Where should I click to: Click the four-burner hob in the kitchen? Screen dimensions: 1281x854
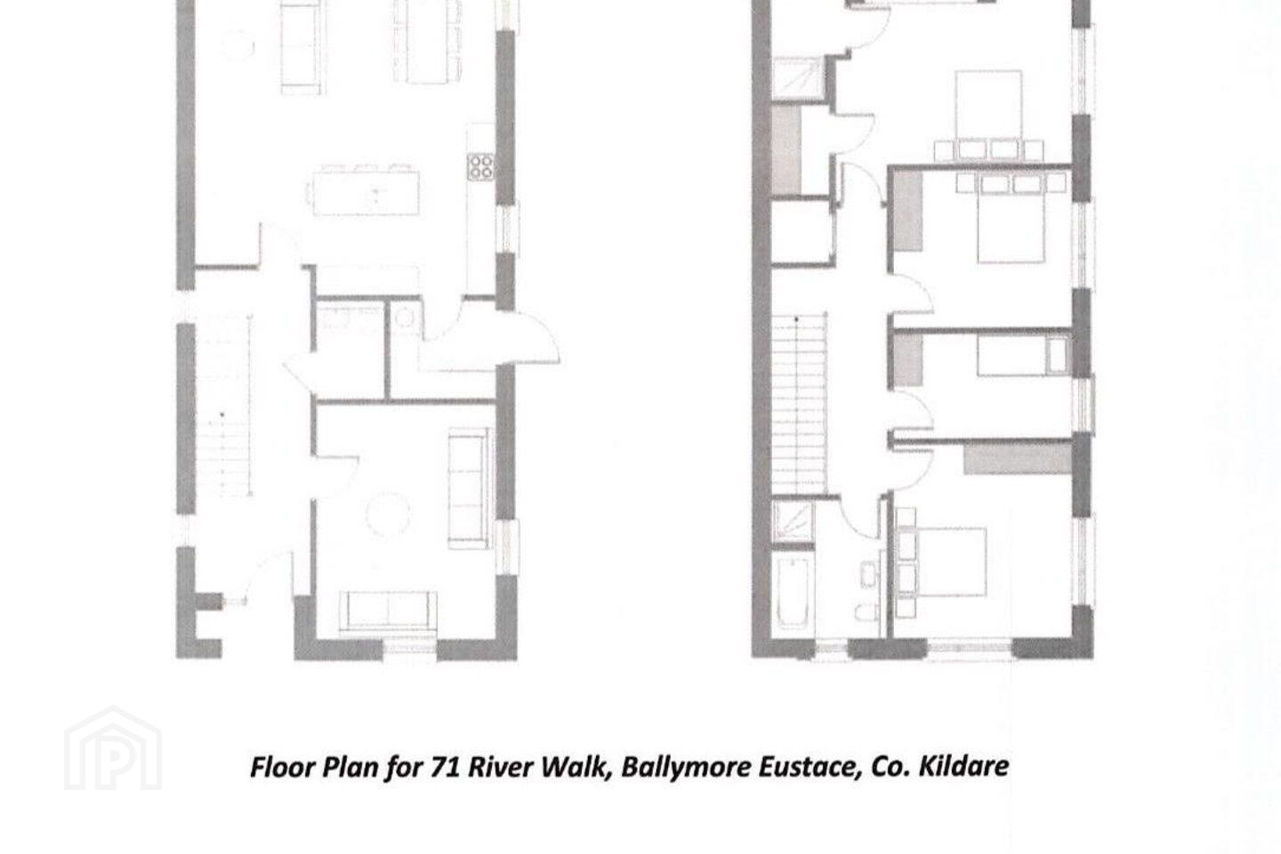pos(480,167)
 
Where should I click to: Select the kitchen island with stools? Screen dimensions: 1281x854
pos(365,189)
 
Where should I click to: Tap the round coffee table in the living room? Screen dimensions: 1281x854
pos(388,513)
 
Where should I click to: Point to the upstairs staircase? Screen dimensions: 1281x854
pos(799,404)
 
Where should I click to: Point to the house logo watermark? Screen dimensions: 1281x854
pos(113,748)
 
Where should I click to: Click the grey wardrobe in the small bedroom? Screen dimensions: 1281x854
pos(908,359)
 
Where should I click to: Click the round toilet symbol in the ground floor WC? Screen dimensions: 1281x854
pos(404,318)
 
